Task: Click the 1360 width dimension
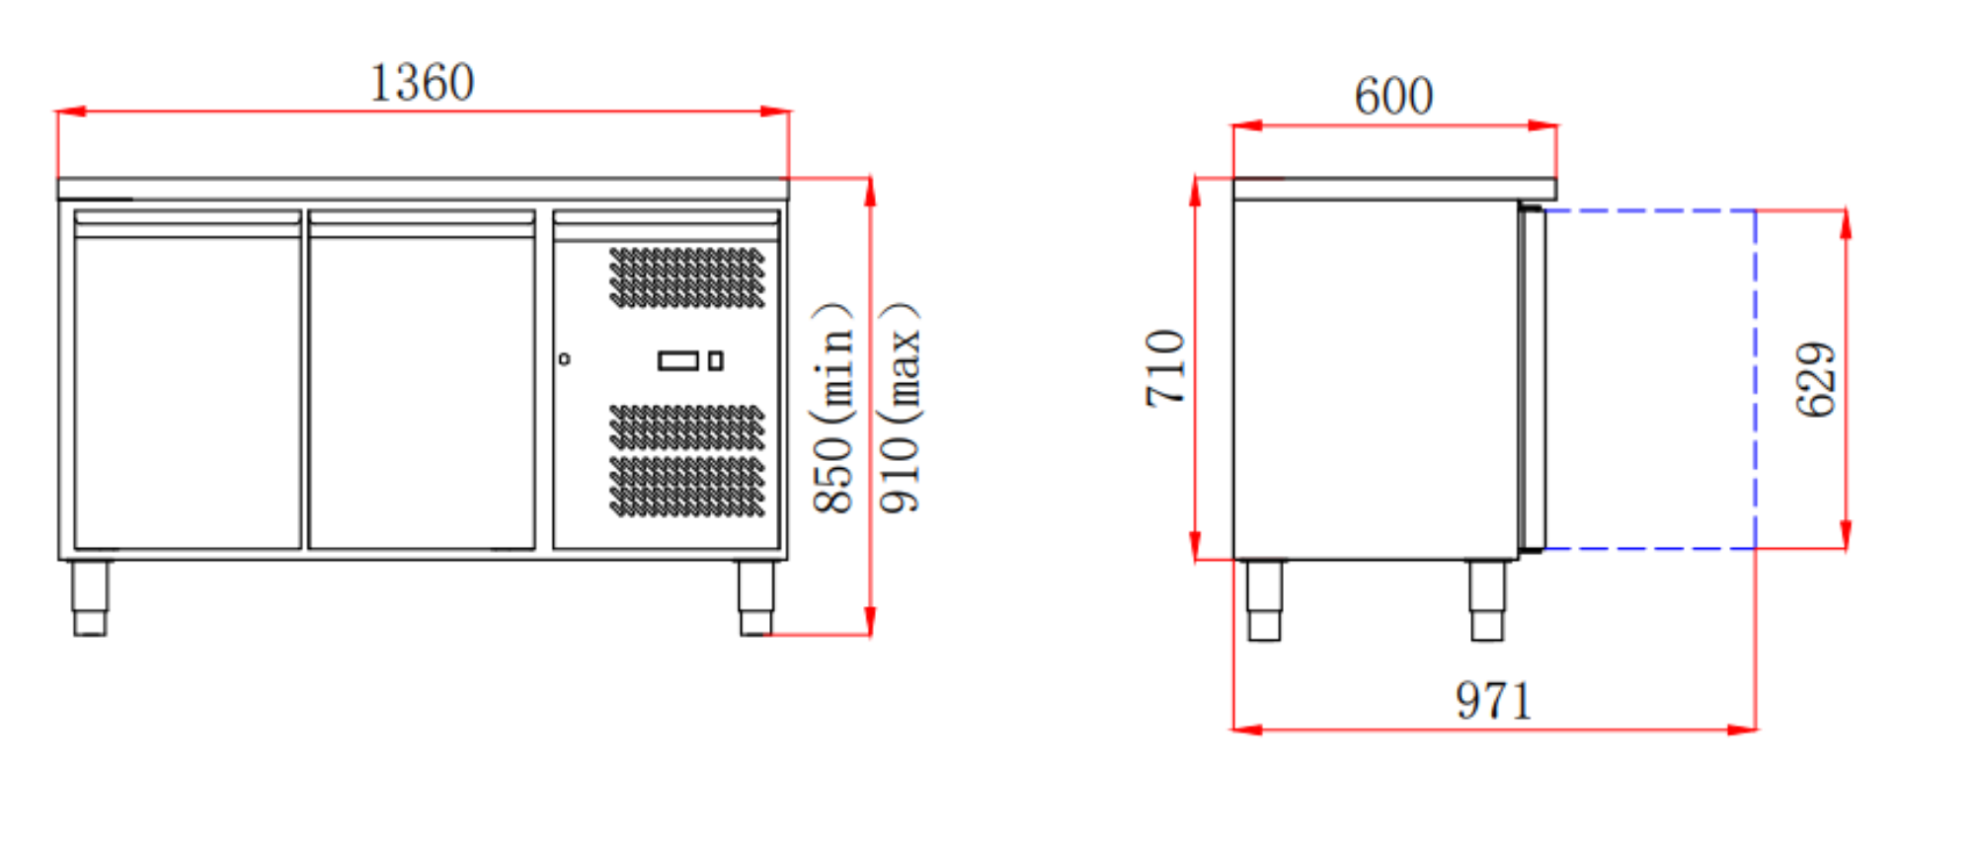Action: [422, 83]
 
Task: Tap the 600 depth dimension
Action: [1393, 97]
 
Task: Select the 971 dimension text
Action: [1493, 701]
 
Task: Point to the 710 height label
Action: [1165, 368]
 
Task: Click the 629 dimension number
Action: [1815, 380]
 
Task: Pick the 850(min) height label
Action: [832, 409]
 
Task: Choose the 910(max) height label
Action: [900, 409]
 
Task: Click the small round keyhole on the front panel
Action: [564, 359]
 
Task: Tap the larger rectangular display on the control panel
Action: [678, 360]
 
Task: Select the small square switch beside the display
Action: [716, 360]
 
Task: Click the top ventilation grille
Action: [686, 277]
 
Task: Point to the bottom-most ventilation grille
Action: [686, 487]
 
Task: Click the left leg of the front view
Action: [90, 598]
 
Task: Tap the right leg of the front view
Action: [756, 598]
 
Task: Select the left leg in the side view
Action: [1264, 600]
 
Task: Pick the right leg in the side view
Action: [1487, 600]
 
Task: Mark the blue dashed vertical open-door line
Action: [1755, 380]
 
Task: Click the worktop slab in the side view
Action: [1393, 189]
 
